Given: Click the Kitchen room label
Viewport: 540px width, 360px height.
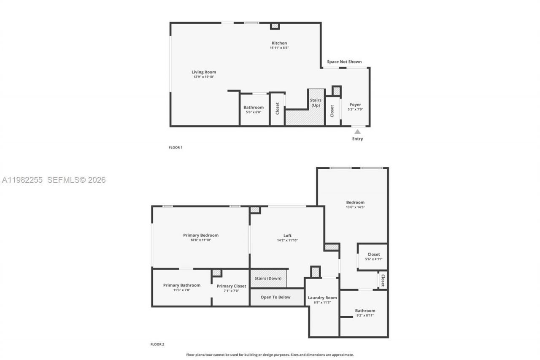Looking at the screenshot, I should click(x=279, y=43).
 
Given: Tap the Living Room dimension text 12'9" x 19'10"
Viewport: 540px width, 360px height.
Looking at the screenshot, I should click(x=204, y=77).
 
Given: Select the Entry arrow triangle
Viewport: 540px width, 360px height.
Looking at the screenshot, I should click(x=357, y=132).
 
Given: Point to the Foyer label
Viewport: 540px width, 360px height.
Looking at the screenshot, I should click(x=355, y=105).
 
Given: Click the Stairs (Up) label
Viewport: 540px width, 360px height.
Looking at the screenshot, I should click(x=316, y=103).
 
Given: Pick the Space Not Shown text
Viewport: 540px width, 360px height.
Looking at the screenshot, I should click(x=344, y=62).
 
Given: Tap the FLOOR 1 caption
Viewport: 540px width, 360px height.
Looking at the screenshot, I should click(x=175, y=147).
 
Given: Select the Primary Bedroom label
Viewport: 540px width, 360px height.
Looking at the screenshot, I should click(x=201, y=235).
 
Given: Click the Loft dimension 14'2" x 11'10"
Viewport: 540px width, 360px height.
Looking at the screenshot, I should click(x=287, y=240).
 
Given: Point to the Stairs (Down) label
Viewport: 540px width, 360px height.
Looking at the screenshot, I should click(x=268, y=278).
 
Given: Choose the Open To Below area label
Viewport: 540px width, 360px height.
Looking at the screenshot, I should click(x=275, y=297).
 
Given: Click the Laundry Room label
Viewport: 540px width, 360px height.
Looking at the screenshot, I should click(x=322, y=298).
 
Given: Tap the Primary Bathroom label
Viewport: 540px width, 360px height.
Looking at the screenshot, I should click(x=182, y=285).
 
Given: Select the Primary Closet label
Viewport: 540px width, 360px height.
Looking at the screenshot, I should click(x=231, y=286).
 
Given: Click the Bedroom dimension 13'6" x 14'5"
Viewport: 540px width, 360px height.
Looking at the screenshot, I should click(x=355, y=207).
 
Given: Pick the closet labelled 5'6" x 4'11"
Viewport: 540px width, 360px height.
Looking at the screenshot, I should click(x=373, y=257).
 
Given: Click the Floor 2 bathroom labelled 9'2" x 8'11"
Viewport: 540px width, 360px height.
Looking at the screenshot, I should click(x=365, y=313).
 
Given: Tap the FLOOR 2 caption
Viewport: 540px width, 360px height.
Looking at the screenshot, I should click(x=157, y=344).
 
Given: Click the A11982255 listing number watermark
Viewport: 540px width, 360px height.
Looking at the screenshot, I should click(x=22, y=180).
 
